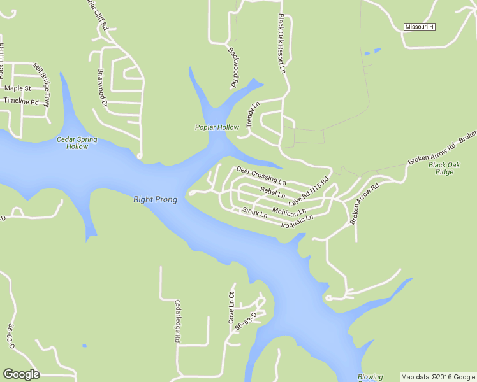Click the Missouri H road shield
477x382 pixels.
420,27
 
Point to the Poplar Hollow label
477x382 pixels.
217,127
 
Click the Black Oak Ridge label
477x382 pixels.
444,168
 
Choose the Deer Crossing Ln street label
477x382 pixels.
261,172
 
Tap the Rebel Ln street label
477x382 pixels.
272,192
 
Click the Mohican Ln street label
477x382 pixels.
289,210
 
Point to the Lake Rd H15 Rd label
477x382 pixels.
308,190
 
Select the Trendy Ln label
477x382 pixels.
253,115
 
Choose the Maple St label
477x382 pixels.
18,88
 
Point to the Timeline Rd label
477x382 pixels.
21,101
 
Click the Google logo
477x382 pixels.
21,374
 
